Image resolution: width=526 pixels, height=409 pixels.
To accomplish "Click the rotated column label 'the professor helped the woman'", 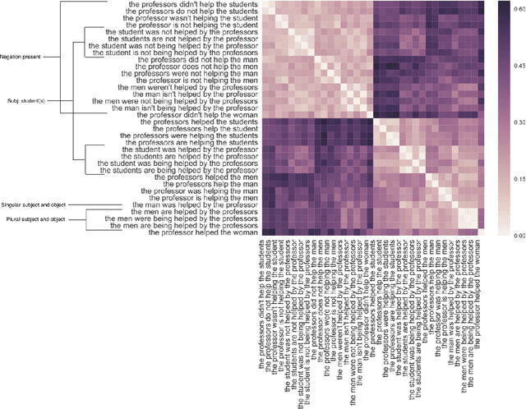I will [x=477, y=279].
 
